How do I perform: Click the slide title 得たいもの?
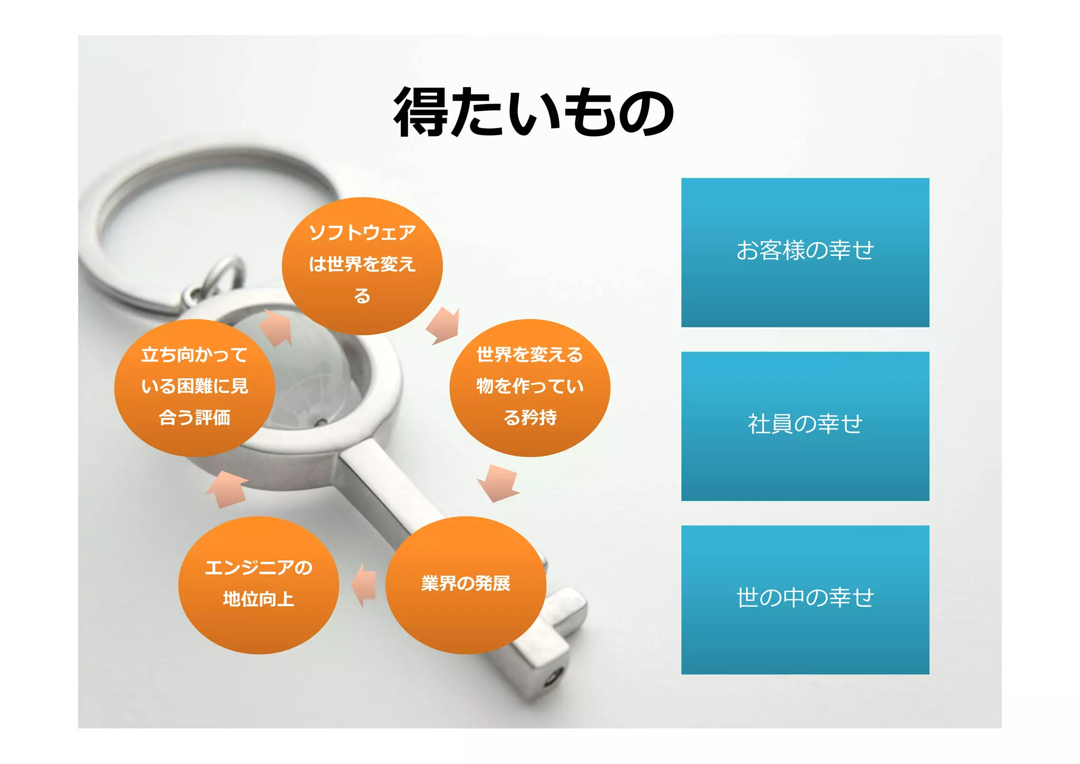(x=534, y=112)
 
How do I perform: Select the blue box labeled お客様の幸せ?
(x=805, y=252)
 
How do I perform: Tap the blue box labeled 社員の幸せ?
(x=805, y=426)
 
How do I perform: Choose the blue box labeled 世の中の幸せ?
(x=805, y=599)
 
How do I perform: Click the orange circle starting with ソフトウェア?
(x=362, y=266)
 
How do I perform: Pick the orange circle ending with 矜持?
(x=529, y=388)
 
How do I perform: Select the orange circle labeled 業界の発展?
(x=466, y=585)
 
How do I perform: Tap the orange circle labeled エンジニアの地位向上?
(x=258, y=585)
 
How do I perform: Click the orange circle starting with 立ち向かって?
(x=195, y=388)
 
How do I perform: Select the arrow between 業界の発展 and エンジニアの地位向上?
(x=364, y=585)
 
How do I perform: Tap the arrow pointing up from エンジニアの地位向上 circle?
(x=227, y=489)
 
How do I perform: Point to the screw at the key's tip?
(x=554, y=676)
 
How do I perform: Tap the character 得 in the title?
(x=420, y=112)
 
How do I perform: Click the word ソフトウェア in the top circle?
(x=362, y=233)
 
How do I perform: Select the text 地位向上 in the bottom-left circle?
(x=258, y=599)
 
